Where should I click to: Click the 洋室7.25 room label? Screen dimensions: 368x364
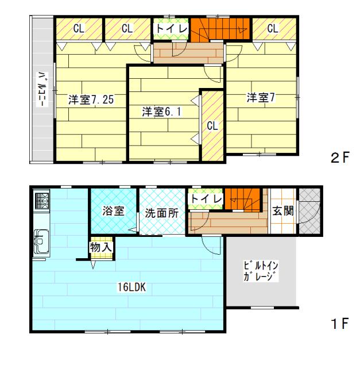click(x=91, y=99)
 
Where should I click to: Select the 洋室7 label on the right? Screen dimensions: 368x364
click(x=261, y=98)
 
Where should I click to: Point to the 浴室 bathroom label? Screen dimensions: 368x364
click(x=113, y=210)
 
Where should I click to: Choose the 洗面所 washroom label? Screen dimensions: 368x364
click(x=161, y=212)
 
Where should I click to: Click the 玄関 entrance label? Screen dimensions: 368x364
click(x=284, y=210)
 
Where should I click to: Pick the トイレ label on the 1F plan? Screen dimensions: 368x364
click(x=206, y=198)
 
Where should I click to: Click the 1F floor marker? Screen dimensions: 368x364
click(x=339, y=324)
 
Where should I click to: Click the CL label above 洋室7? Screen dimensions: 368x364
click(x=272, y=27)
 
